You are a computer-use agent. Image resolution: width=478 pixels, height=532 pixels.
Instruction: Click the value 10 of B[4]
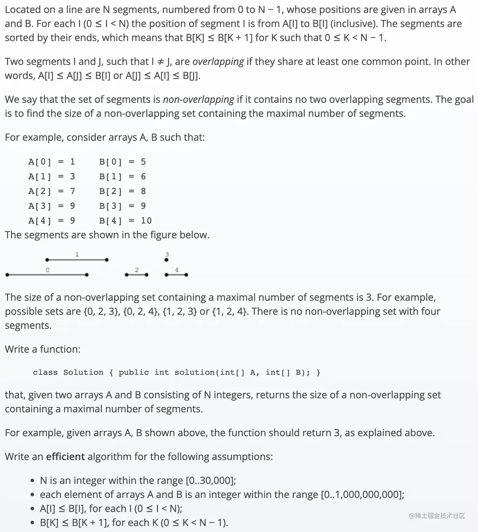146,221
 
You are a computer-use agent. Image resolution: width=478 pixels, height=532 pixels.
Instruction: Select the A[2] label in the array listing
40,191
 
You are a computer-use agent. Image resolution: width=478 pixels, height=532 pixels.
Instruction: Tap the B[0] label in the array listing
111,162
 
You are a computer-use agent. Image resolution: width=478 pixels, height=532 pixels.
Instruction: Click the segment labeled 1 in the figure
77,260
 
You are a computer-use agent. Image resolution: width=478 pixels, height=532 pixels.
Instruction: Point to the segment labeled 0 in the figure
47,275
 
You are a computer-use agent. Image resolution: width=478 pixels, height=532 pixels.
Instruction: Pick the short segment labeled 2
137,275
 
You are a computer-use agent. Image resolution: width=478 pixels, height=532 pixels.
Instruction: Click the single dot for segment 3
167,260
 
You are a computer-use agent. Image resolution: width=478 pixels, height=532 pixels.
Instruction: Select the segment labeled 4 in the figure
176,275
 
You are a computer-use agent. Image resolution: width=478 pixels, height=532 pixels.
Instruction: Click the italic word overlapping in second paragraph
218,61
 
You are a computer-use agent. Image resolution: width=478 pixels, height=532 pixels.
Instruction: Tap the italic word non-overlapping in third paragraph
198,99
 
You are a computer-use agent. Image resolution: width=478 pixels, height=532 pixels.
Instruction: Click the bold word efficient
65,457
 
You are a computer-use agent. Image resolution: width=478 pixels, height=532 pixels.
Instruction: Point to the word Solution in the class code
83,372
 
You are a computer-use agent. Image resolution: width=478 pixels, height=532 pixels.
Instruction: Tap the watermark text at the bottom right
437,516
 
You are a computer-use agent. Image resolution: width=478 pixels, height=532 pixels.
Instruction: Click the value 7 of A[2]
73,191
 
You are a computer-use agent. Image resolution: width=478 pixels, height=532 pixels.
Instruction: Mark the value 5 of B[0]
143,162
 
